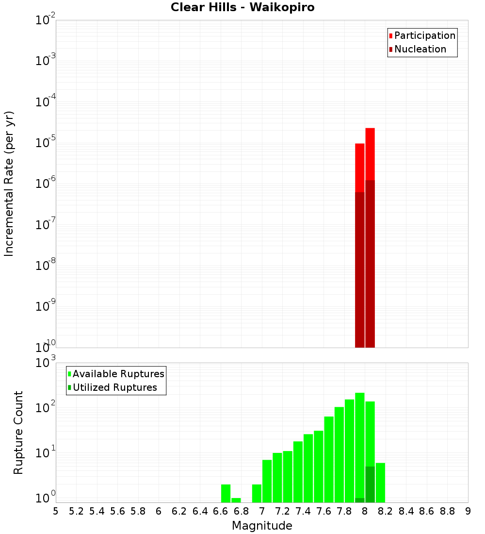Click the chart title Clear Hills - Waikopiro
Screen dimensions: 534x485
(242, 8)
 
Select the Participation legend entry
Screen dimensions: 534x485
(424, 36)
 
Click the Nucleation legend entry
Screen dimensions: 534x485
(420, 50)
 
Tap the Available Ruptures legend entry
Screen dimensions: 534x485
(118, 374)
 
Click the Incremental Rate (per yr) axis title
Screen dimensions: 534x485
(9, 184)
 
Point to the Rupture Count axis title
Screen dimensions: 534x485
(18, 433)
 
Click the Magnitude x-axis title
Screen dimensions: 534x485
(262, 526)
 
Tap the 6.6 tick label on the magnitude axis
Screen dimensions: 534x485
(221, 511)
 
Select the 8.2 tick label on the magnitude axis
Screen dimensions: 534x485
(386, 511)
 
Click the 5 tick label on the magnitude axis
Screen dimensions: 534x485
(56, 511)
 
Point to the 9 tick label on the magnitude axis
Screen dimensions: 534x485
(468, 511)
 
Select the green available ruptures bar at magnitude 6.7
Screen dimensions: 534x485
(236, 500)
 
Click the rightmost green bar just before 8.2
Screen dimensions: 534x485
(380, 483)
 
